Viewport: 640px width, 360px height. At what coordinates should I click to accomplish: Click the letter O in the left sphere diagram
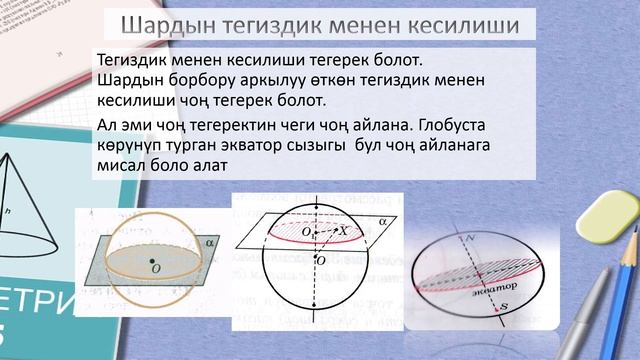pyautogui.click(x=156, y=268)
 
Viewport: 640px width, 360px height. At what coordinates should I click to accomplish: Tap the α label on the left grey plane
pyautogui.click(x=209, y=240)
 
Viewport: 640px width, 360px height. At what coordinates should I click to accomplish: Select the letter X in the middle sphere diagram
pyautogui.click(x=343, y=230)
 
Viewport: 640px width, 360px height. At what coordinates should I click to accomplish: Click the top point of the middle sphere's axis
pyautogui.click(x=318, y=198)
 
